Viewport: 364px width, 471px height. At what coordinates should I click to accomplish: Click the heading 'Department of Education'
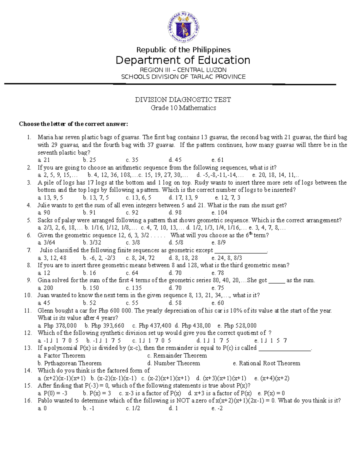click(x=183, y=60)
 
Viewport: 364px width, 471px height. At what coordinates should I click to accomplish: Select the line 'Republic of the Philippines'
click(x=183, y=50)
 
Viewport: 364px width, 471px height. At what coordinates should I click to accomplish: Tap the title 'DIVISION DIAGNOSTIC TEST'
click(x=183, y=100)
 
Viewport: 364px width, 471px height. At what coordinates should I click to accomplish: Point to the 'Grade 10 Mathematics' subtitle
click(x=183, y=108)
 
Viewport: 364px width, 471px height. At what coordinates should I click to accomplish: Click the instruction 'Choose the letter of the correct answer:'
click(x=73, y=124)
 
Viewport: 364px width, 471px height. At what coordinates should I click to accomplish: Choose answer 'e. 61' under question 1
click(x=217, y=160)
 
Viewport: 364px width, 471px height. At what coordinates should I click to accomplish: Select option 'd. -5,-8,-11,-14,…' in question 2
click(x=220, y=175)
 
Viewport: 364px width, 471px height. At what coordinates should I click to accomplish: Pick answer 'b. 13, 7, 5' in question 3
click(x=96, y=197)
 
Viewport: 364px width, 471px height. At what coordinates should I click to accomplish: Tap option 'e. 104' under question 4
click(x=219, y=213)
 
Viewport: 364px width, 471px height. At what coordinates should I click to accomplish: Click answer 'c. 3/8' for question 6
click(x=133, y=243)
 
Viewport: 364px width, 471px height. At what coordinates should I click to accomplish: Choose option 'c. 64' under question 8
click(x=132, y=273)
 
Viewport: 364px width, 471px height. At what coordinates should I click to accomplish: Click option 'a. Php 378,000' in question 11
click(x=57, y=325)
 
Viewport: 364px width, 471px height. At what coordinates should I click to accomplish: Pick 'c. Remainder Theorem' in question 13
click(x=177, y=355)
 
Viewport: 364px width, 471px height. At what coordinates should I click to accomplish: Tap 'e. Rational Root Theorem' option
click(x=266, y=363)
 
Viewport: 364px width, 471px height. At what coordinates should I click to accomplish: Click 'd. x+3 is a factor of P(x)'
click(x=220, y=393)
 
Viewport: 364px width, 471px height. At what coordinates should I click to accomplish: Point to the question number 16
click(x=28, y=401)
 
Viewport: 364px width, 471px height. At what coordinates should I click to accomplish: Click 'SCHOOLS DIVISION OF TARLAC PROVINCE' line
click(x=183, y=77)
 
